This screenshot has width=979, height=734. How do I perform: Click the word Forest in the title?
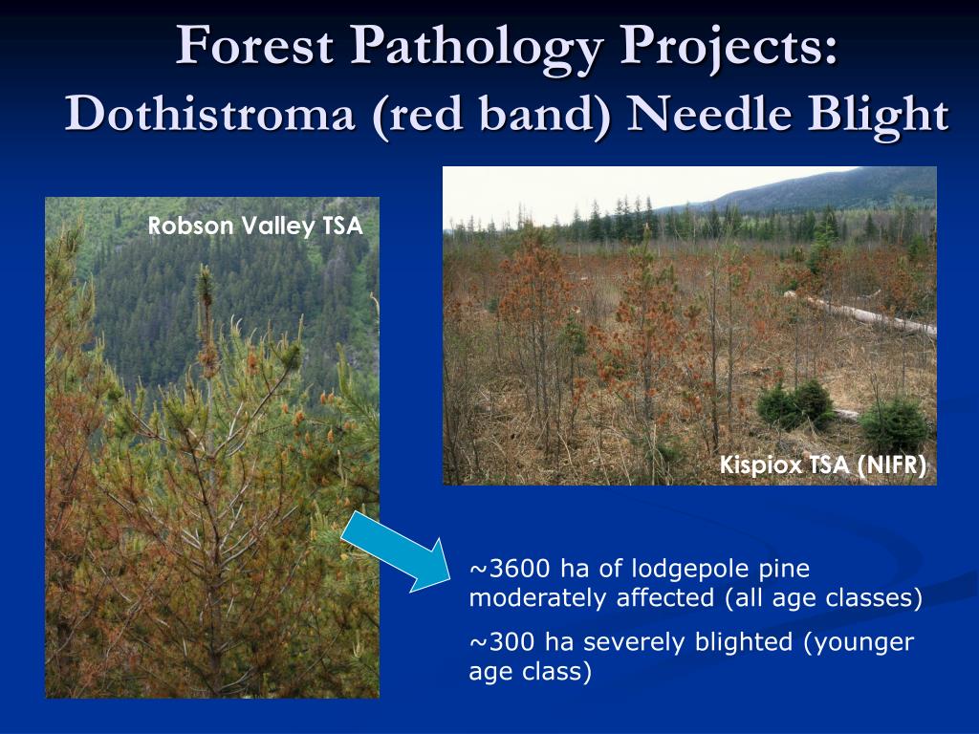pos(254,45)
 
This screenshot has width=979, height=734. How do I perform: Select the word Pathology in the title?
pos(476,50)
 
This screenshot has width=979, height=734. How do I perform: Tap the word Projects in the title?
pos(728,50)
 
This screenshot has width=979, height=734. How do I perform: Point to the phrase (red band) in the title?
pos(491,116)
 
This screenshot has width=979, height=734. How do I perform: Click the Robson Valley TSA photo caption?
pos(255,226)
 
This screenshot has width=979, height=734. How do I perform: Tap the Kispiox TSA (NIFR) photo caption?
pos(823,465)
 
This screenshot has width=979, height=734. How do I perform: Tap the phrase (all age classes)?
pos(823,599)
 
